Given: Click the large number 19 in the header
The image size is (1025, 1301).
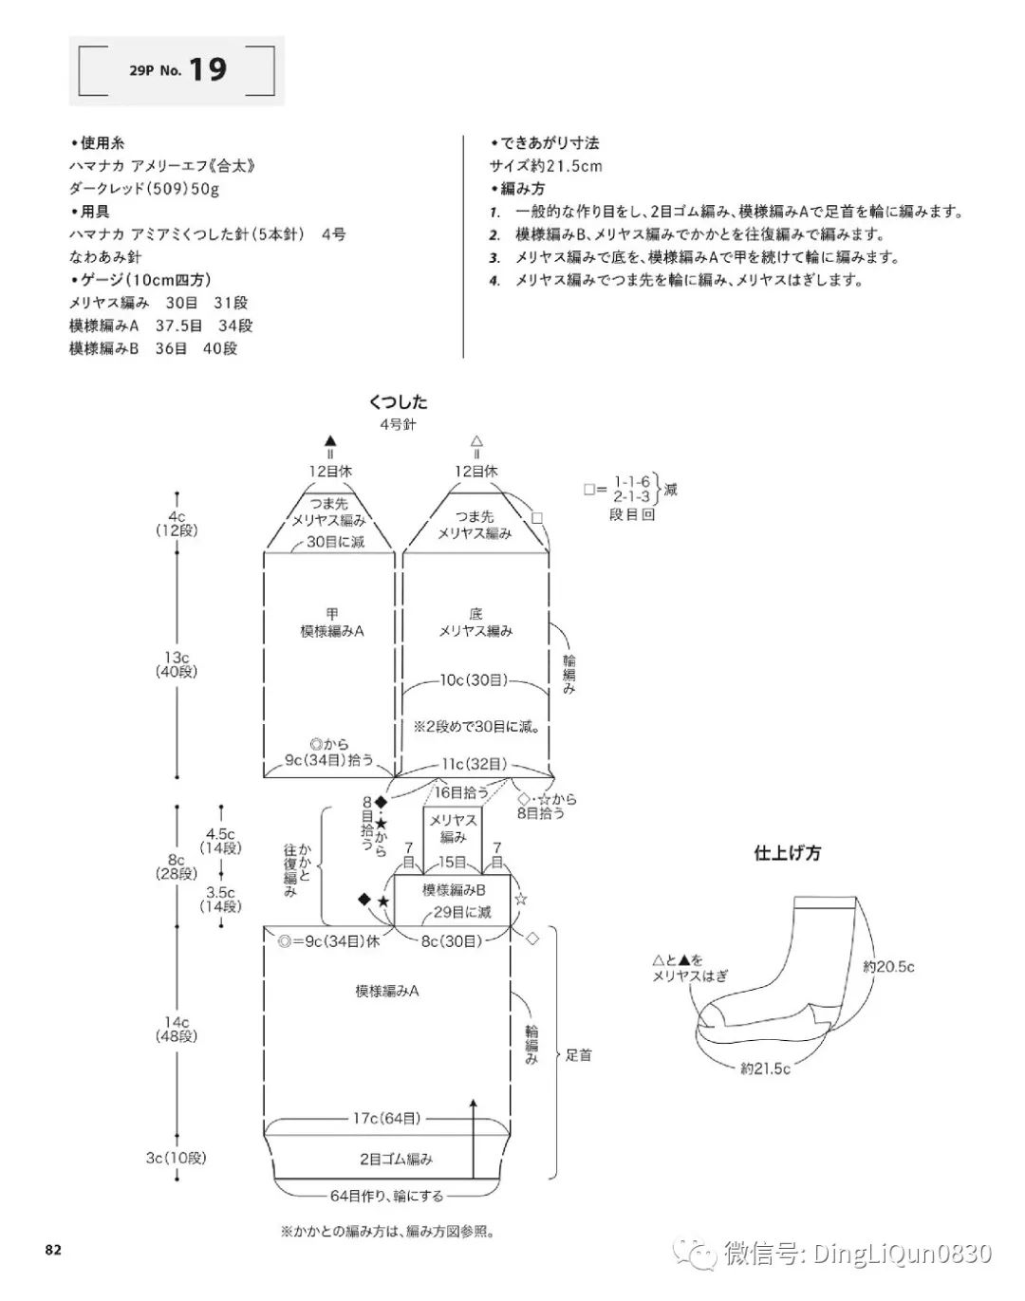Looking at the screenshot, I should pyautogui.click(x=207, y=69).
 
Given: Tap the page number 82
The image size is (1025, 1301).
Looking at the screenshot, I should pyautogui.click(x=53, y=1250).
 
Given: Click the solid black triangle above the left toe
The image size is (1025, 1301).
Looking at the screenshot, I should pyautogui.click(x=330, y=440).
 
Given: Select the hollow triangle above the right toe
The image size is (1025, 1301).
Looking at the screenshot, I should pyautogui.click(x=476, y=440).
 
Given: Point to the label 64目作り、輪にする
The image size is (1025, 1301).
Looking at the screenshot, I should pyautogui.click(x=386, y=1196).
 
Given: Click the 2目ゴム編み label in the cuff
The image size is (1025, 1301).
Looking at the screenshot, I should pyautogui.click(x=396, y=1159).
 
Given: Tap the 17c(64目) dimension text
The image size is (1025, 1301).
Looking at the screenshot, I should pyautogui.click(x=386, y=1119).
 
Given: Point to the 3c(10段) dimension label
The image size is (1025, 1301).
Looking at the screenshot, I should pyautogui.click(x=176, y=1158).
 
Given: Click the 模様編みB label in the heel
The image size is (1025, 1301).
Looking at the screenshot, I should pyautogui.click(x=454, y=890).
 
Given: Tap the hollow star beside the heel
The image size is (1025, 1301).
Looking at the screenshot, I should pyautogui.click(x=520, y=897).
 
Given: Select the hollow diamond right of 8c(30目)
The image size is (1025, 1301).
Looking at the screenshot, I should pyautogui.click(x=531, y=938).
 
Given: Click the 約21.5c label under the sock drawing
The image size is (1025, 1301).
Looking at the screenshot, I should pyautogui.click(x=765, y=1069).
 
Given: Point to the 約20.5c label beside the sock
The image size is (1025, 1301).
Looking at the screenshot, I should pyautogui.click(x=888, y=967).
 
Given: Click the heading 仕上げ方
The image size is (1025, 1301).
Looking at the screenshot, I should pyautogui.click(x=787, y=853).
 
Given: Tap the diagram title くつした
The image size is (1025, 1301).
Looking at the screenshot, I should pyautogui.click(x=398, y=402).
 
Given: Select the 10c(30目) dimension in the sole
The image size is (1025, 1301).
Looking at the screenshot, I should pyautogui.click(x=474, y=680).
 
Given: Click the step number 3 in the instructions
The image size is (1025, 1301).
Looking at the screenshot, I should pyautogui.click(x=494, y=257).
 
